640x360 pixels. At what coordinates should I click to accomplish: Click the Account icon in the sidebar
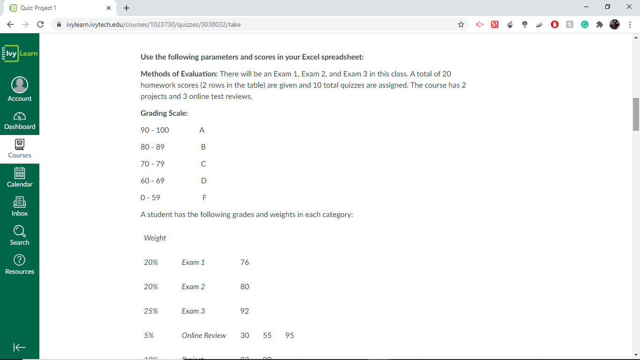coord(20,85)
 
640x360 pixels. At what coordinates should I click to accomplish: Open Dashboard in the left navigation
coord(20,116)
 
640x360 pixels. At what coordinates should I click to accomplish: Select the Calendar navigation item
coord(20,173)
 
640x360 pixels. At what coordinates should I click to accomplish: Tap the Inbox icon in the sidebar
coord(20,202)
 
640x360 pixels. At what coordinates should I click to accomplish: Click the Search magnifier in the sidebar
coord(20,231)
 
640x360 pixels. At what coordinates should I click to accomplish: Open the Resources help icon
coord(20,260)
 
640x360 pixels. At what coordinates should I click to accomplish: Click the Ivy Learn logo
coord(20,53)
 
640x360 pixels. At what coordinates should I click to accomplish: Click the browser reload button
coord(40,24)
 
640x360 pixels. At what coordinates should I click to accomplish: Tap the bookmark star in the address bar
coord(461,24)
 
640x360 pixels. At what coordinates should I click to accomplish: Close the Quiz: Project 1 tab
coord(109,8)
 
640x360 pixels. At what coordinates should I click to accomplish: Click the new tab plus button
coord(127,8)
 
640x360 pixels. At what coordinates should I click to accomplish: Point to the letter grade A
coord(202,130)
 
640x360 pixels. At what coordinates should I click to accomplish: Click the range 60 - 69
coord(153,181)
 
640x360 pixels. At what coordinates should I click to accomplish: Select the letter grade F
coord(204,198)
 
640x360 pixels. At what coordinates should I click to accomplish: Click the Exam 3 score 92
coord(245,311)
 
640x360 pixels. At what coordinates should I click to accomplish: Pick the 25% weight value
coord(151,311)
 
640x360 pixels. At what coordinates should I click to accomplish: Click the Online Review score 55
coord(267,336)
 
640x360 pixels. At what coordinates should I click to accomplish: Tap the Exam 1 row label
coord(193,262)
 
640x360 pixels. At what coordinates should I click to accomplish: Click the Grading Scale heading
coord(164,113)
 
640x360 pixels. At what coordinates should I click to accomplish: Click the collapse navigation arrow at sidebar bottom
coord(20,347)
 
